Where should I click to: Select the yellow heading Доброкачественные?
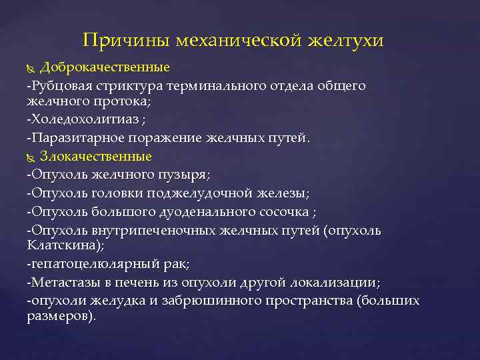[105, 67]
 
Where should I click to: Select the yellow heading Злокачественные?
[96, 157]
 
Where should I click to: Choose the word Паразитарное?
[70, 139]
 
